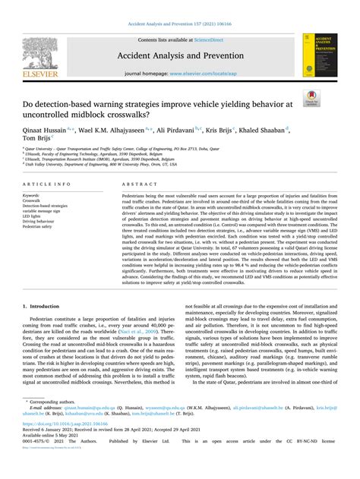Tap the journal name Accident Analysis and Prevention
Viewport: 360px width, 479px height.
[x=179, y=55]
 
